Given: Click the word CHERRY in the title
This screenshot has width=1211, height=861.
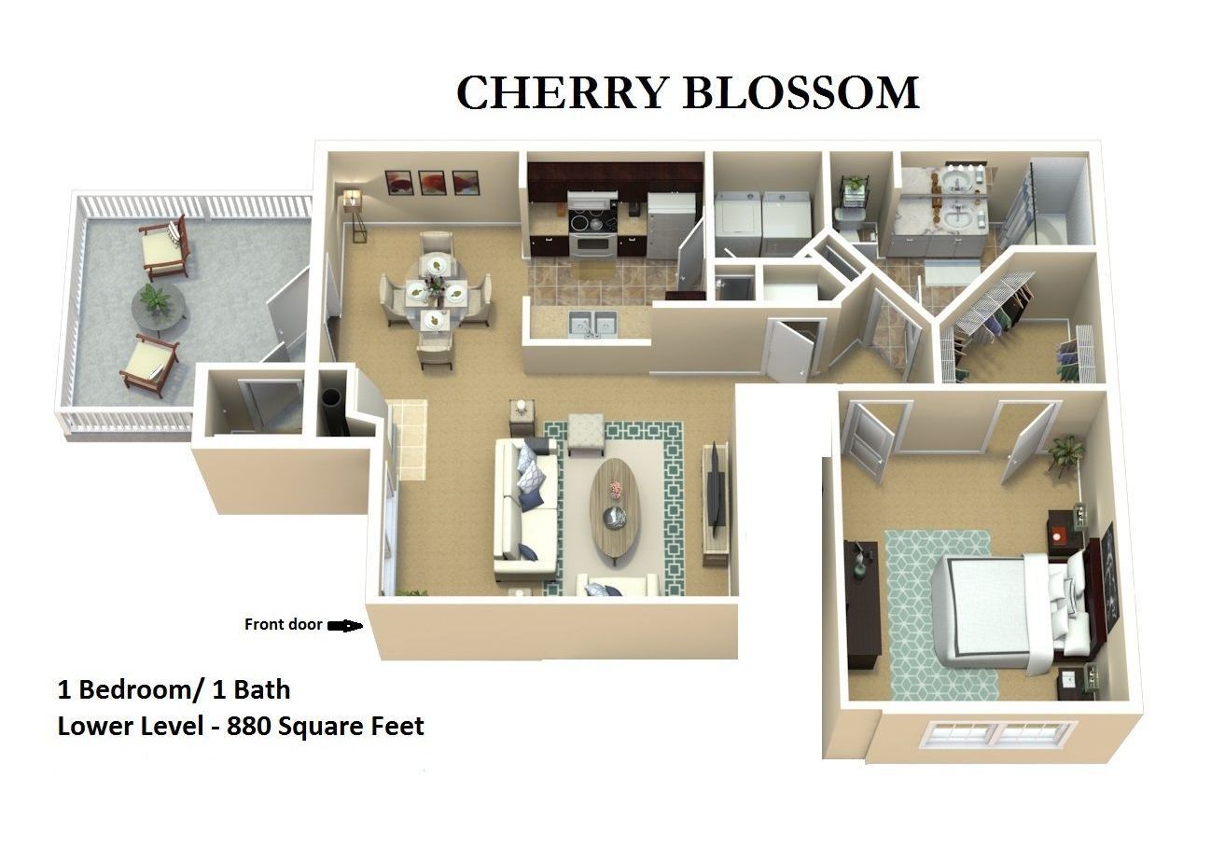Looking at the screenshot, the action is pyautogui.click(x=561, y=92).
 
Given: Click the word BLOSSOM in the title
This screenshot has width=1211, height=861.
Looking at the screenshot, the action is pyautogui.click(x=801, y=92).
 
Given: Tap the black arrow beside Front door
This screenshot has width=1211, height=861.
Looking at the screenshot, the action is pyautogui.click(x=344, y=626).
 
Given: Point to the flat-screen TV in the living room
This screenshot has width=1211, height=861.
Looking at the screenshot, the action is pyautogui.click(x=717, y=489).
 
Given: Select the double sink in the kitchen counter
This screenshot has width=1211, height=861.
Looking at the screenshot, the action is pyautogui.click(x=593, y=324).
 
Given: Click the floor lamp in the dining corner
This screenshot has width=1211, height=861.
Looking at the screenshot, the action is pyautogui.click(x=355, y=216).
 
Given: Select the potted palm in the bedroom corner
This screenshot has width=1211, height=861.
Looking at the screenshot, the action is pyautogui.click(x=1066, y=455).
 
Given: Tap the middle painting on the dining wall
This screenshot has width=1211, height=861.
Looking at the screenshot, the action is pyautogui.click(x=432, y=183).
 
